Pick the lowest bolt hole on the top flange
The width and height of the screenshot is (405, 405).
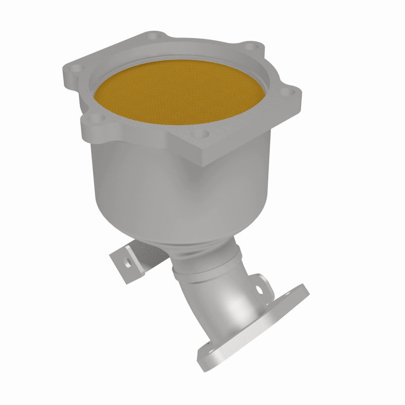tap(202, 134)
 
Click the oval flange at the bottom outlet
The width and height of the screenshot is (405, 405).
tap(253, 324)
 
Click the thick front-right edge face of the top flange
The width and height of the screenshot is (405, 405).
tap(253, 137)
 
